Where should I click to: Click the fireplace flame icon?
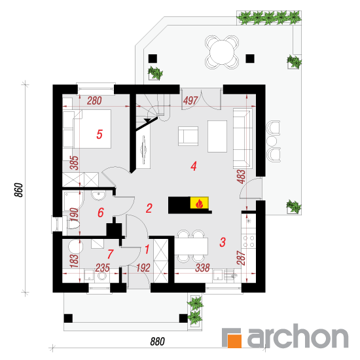coord(199,204)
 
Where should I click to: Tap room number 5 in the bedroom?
coord(99,134)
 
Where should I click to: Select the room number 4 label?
coord(194,166)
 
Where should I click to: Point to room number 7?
coord(111,254)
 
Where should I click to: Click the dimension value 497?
coord(190,101)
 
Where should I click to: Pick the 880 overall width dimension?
coord(158,342)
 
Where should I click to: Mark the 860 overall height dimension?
coord(19,190)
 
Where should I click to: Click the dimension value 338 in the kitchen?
coord(202,268)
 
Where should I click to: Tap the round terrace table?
coord(222,52)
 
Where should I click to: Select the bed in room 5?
coord(87,129)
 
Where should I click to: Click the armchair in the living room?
coord(188,136)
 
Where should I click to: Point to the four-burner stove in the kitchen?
coord(249,241)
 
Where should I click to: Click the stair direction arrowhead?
coord(147,120)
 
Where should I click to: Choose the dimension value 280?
coord(94,101)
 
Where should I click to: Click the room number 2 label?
coord(149,208)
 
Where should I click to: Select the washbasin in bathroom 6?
coord(98,195)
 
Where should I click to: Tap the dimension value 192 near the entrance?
coord(143,268)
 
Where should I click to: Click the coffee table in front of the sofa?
coord(217,136)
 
